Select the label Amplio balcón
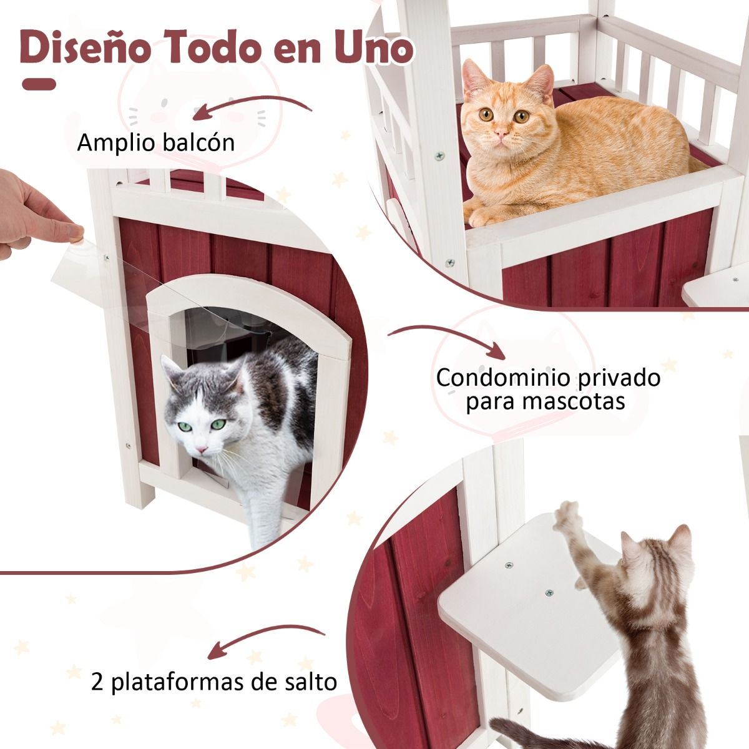(156, 143)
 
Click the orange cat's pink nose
(502, 134)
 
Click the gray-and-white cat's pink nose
(202, 449)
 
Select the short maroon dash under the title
(39, 84)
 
